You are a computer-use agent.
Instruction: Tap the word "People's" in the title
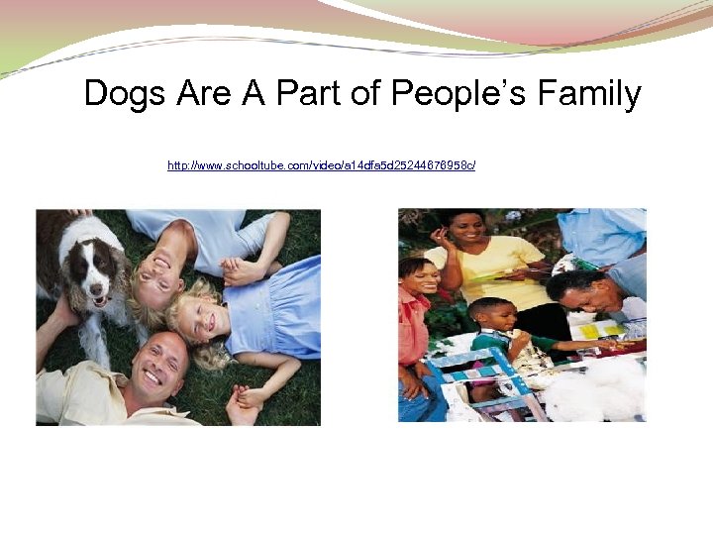(x=455, y=94)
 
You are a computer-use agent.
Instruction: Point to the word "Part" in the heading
(x=306, y=94)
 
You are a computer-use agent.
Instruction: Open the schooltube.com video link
(x=321, y=164)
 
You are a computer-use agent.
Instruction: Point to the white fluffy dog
(x=594, y=391)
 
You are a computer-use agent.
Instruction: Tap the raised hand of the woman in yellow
(x=437, y=238)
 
